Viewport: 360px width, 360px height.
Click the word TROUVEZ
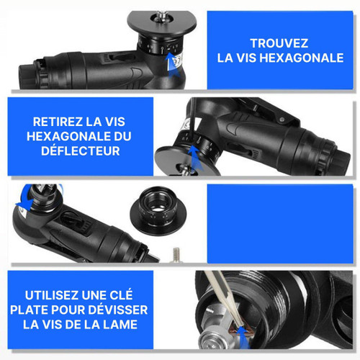coord(279,43)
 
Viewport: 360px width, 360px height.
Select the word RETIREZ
coord(58,122)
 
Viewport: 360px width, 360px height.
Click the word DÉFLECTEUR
coord(81,151)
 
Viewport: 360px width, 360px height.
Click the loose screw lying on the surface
coord(176,255)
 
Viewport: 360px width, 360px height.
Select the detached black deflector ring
coord(158,210)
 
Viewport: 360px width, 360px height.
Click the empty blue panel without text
coord(280,224)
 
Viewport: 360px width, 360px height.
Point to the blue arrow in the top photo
coord(171,64)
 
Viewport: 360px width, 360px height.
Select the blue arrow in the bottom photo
coord(243,336)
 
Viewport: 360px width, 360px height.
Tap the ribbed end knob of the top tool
coord(26,76)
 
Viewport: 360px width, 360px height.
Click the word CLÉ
coord(121,294)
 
